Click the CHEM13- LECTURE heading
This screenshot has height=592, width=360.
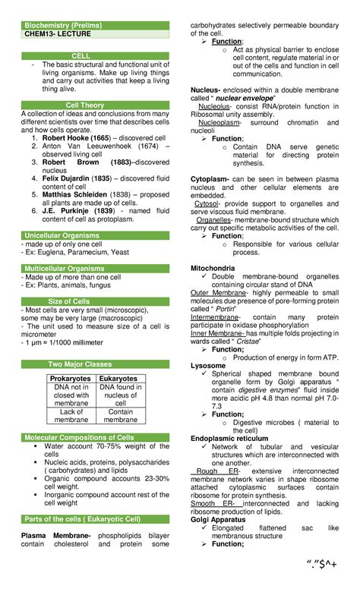(x=56, y=34)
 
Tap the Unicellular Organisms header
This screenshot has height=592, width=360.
(x=67, y=235)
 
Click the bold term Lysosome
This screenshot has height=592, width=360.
(x=208, y=365)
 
